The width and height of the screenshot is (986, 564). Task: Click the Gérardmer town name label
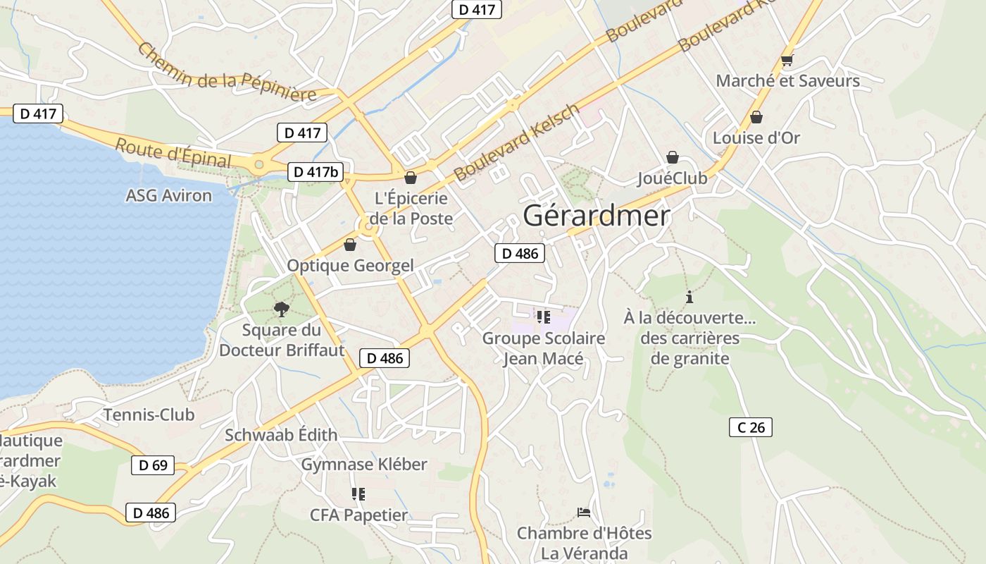click(596, 216)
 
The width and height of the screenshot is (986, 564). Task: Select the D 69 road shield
click(152, 465)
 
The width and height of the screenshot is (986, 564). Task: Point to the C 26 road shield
click(750, 427)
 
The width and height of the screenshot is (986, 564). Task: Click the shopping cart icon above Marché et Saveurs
click(787, 61)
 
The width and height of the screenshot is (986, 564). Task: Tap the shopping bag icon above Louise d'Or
click(756, 117)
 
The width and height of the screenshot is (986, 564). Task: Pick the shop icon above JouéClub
click(672, 157)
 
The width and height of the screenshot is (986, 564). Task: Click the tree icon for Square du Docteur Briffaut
click(282, 309)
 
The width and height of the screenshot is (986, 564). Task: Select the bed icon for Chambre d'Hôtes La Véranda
click(583, 512)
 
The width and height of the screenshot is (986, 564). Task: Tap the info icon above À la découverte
click(689, 297)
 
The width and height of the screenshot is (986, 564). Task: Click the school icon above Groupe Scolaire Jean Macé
click(542, 317)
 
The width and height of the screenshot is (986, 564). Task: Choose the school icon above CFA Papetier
click(358, 494)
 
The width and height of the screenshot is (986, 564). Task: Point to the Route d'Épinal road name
click(173, 153)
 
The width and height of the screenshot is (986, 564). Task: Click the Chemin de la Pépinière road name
click(226, 73)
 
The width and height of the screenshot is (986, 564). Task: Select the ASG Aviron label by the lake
click(168, 195)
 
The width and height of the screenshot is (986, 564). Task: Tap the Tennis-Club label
click(149, 415)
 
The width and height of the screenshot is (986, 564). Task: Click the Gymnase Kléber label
click(364, 465)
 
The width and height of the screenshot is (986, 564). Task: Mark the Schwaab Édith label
click(281, 435)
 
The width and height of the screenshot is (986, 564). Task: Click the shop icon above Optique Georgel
click(349, 245)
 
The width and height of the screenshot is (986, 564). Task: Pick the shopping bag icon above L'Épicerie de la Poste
click(410, 178)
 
